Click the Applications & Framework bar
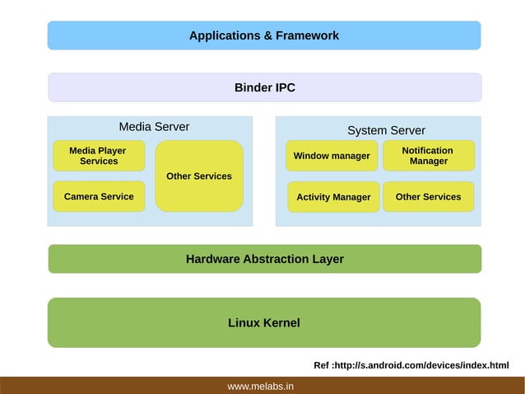click(263, 35)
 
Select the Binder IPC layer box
click(264, 87)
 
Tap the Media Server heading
click(154, 127)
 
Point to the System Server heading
click(386, 130)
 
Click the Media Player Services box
click(99, 156)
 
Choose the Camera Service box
click(99, 197)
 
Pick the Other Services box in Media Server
click(199, 176)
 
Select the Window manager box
click(332, 156)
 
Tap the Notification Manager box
click(428, 156)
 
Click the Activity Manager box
click(333, 197)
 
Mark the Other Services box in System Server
click(428, 197)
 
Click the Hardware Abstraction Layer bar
click(264, 259)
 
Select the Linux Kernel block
click(264, 323)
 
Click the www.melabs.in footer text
click(261, 386)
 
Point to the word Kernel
click(281, 323)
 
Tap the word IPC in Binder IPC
click(284, 87)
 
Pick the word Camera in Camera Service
click(81, 197)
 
